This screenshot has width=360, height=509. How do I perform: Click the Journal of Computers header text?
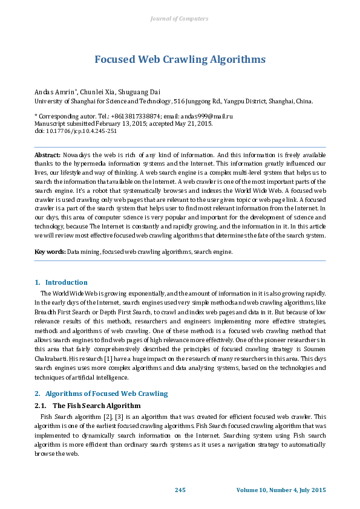(179, 19)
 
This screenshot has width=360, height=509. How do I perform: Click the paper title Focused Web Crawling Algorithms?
(180, 59)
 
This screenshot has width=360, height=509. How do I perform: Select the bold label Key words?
(50, 251)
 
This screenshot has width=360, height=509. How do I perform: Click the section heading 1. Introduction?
(61, 282)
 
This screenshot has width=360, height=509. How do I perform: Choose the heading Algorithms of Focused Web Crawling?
(106, 394)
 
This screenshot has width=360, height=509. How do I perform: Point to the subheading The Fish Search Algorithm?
(97, 406)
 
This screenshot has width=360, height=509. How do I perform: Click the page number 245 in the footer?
(180, 489)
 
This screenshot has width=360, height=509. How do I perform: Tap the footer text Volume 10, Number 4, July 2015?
(281, 489)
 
